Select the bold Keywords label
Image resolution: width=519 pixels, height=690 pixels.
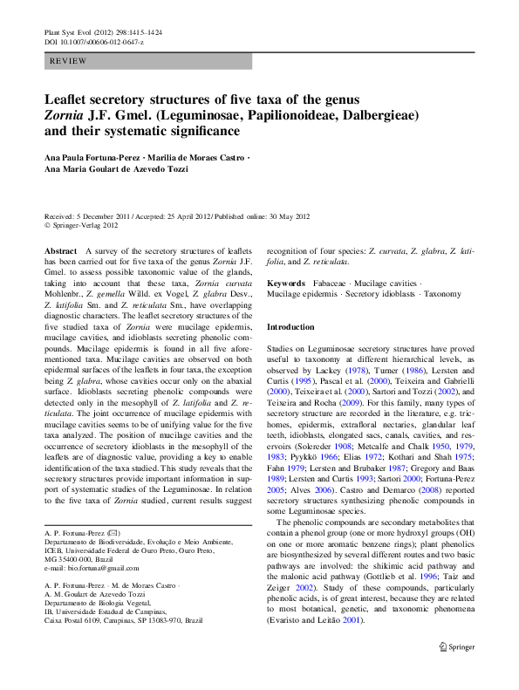coord(285,284)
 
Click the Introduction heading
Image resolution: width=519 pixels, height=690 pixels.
coord(290,326)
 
